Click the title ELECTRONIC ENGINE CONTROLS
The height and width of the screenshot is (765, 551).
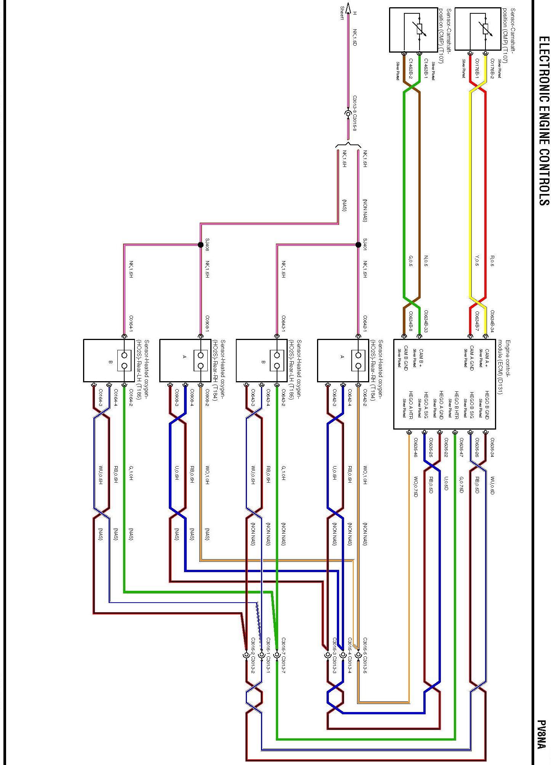click(543, 121)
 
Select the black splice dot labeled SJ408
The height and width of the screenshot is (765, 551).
click(200, 245)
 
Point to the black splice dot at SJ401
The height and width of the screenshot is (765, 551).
click(358, 245)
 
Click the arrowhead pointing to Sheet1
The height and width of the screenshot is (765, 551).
click(348, 7)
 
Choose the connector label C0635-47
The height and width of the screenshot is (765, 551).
click(461, 447)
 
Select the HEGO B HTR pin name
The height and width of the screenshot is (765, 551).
click(456, 405)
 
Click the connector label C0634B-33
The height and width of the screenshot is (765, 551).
click(426, 321)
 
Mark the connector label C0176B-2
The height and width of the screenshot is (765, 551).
click(492, 69)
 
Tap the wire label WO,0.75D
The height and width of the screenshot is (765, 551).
click(415, 486)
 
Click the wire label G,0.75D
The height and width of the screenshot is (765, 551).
click(461, 484)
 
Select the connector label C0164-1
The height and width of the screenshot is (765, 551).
click(131, 324)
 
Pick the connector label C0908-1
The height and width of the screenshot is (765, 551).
click(207, 324)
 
